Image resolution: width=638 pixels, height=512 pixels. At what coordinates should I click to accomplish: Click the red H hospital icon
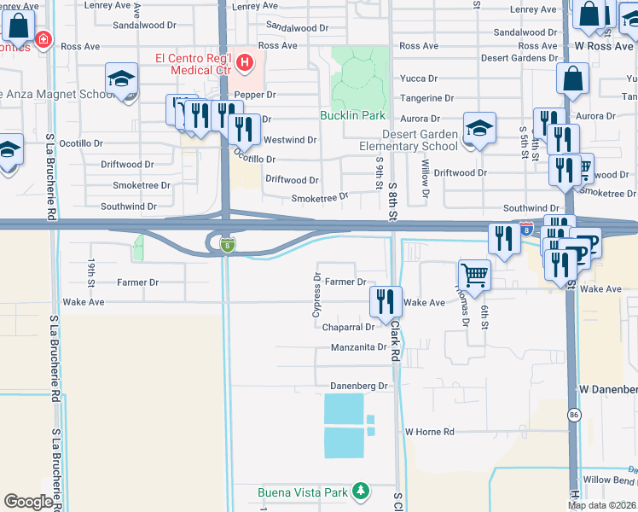coord(246,62)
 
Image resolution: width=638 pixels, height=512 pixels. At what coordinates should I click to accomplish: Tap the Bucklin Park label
coord(353,115)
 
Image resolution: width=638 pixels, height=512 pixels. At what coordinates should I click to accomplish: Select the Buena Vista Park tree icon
coord(362,492)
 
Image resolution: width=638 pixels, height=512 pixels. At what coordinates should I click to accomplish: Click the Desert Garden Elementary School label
coord(408,140)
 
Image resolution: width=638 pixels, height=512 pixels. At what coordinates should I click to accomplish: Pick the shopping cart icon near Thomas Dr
coord(475,275)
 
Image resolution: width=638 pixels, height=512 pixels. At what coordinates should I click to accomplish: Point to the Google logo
coord(28,501)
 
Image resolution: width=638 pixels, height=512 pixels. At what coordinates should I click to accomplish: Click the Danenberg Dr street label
coord(359,387)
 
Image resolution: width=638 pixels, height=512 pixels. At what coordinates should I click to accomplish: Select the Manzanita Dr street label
coord(359,347)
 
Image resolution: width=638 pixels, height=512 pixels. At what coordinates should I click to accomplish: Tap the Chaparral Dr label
coord(349,327)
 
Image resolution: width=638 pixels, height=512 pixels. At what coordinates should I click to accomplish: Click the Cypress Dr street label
coord(316,293)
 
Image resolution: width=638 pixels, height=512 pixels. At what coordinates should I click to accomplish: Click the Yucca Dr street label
coord(418,79)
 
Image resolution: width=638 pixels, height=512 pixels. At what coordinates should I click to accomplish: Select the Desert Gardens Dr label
coord(519,58)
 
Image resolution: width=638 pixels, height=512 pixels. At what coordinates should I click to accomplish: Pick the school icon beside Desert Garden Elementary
coord(479,129)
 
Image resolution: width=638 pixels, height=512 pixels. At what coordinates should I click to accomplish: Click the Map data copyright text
coord(602,505)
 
